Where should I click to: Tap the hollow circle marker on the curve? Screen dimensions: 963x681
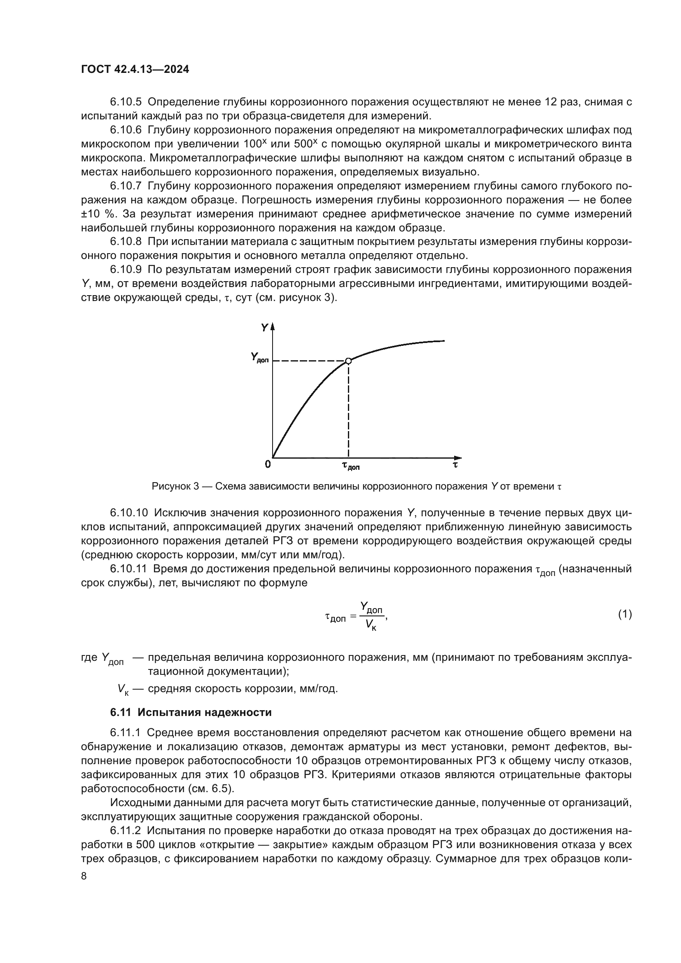(348, 361)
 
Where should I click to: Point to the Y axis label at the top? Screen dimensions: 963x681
(264, 328)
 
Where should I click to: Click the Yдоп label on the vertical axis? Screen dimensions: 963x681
(259, 358)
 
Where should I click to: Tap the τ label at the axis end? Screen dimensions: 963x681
(455, 465)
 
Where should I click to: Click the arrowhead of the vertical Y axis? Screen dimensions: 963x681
(273, 327)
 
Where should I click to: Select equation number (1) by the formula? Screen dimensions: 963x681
(625, 614)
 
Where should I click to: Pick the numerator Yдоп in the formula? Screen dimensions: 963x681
(371, 607)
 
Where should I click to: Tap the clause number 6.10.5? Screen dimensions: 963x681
(126, 102)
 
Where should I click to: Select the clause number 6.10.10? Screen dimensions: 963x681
(129, 513)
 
